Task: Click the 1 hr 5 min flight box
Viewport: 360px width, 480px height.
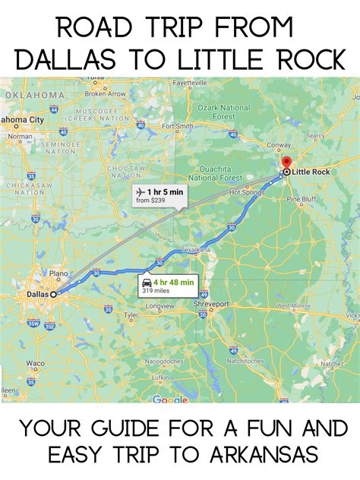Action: pyautogui.click(x=159, y=194)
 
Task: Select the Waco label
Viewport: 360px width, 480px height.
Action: pyautogui.click(x=35, y=364)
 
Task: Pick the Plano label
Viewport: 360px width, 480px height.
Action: pyautogui.click(x=60, y=273)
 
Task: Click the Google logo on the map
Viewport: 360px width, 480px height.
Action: pyautogui.click(x=169, y=399)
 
